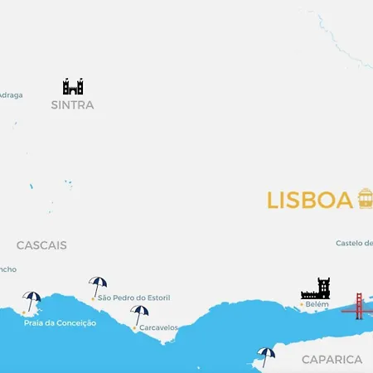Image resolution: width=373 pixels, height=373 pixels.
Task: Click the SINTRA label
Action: [x=72, y=105]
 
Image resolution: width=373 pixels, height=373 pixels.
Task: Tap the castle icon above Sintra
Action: [x=73, y=86]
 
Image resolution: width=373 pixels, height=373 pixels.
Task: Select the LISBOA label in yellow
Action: [x=309, y=201]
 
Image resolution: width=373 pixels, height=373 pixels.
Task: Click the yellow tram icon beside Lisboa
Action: [x=365, y=198]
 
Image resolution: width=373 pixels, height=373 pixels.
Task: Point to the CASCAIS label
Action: [x=41, y=245]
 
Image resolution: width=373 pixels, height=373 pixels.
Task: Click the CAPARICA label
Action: [x=332, y=360]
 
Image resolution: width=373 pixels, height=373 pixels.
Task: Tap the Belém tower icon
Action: [x=315, y=288]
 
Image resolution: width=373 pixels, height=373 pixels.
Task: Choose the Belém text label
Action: [x=317, y=305]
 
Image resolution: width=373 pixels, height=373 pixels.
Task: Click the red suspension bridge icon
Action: [x=358, y=306]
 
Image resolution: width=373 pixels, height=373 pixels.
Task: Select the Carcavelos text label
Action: [x=158, y=327]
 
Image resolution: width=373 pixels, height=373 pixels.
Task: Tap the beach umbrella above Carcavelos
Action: [x=139, y=314]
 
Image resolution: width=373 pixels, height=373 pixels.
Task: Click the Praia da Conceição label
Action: [x=60, y=322]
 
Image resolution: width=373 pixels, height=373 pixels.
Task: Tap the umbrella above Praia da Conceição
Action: [x=31, y=300]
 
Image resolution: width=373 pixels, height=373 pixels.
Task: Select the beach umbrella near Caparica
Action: [x=265, y=356]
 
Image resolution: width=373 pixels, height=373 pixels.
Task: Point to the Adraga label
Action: [x=11, y=95]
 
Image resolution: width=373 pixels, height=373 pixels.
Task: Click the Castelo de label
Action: [x=354, y=244]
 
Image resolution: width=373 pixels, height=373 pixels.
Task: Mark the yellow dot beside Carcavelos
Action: [x=134, y=328]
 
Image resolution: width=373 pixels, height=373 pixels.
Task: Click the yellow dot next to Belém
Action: [x=301, y=305]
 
